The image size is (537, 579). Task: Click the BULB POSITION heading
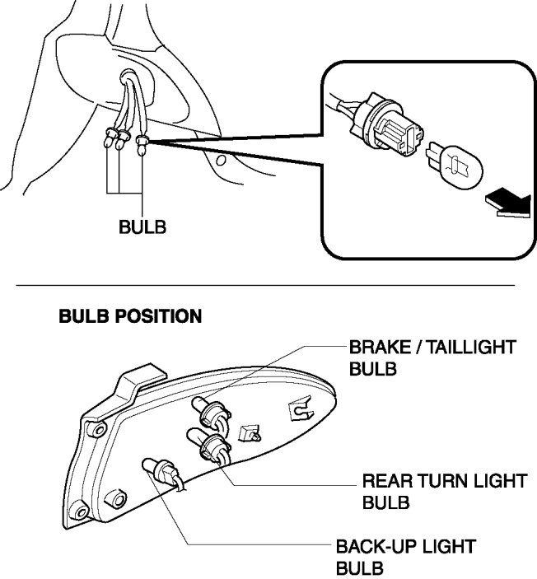(x=130, y=316)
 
